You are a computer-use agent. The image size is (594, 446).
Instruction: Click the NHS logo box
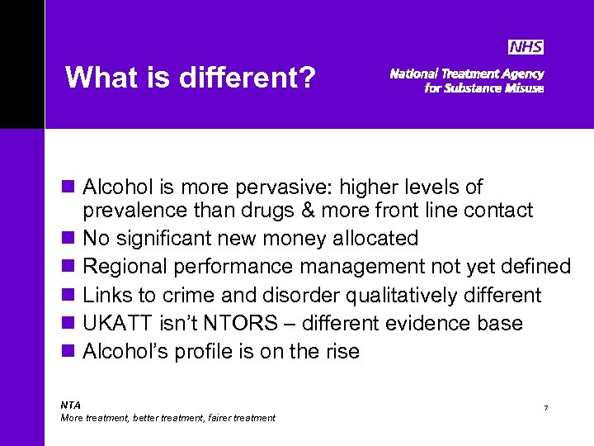(x=526, y=47)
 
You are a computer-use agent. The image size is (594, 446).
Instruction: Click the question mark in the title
(x=308, y=78)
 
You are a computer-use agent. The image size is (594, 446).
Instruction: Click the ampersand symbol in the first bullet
(x=306, y=211)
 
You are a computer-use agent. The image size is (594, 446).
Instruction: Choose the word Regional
(x=128, y=267)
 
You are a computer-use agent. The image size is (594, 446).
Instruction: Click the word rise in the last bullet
(x=340, y=351)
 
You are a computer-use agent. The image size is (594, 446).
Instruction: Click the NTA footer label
(x=71, y=405)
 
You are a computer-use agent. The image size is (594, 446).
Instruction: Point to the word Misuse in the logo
(x=524, y=88)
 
